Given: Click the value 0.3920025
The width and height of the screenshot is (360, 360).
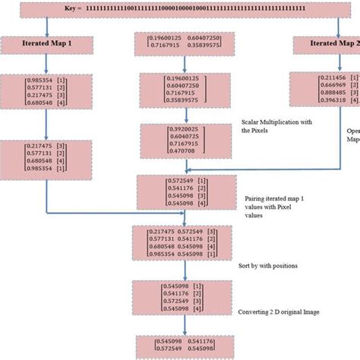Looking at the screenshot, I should click(x=170, y=130).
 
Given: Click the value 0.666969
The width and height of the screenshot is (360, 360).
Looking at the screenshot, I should click(x=319, y=86).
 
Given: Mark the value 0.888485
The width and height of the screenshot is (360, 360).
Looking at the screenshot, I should click(x=319, y=93).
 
